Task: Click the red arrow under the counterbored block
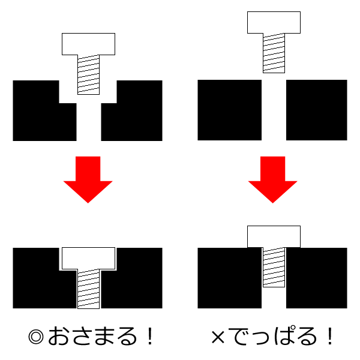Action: (88, 177)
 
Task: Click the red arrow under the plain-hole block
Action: (273, 177)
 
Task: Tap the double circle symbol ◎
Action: (36, 337)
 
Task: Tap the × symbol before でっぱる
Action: (218, 337)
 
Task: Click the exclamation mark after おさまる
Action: (150, 336)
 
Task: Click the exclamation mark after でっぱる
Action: (330, 336)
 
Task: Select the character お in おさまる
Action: (58, 336)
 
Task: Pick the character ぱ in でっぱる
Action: (284, 336)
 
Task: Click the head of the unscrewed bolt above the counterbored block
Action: (88, 44)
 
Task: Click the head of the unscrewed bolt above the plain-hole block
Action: (274, 23)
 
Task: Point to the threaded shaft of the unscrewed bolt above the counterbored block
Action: (88, 74)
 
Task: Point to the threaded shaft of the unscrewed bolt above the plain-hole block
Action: (274, 53)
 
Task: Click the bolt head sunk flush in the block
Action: (88, 258)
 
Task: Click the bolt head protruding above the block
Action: (274, 237)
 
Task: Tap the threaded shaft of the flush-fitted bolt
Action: (88, 289)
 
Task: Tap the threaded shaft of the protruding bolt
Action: (274, 267)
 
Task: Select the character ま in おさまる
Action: (104, 336)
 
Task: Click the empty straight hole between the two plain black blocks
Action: (274, 110)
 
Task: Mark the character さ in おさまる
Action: (81, 336)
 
